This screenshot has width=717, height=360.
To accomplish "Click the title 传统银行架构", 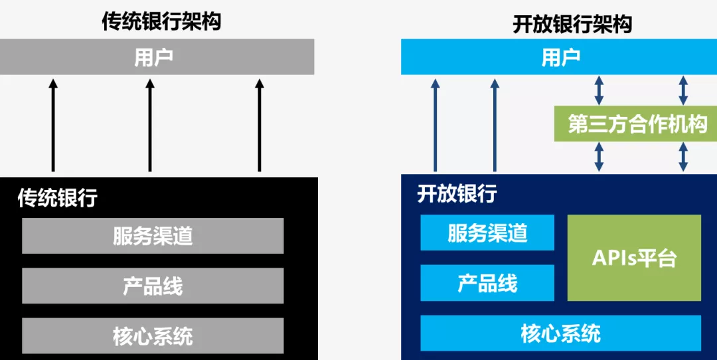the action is (x=161, y=21).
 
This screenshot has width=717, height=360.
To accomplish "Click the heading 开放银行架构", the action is (x=572, y=24).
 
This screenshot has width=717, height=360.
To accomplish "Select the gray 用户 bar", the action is (x=157, y=56).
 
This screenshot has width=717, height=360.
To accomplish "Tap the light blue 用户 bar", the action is (x=559, y=56).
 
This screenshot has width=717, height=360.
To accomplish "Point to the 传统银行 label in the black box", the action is (x=58, y=198).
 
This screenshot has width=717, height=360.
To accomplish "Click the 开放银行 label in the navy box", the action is (x=457, y=195).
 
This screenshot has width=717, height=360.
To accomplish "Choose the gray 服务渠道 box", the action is (x=153, y=236).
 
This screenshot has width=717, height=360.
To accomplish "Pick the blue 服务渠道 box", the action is (x=487, y=232).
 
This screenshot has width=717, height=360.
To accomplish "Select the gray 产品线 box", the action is (x=153, y=286).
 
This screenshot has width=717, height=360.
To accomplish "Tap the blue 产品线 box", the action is (x=487, y=283).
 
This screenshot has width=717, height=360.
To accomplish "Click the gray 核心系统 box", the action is (x=153, y=335).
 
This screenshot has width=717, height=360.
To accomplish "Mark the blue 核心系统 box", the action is (x=560, y=333).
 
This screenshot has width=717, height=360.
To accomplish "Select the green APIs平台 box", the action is (x=634, y=258).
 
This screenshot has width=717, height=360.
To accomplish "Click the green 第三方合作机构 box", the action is (x=636, y=124).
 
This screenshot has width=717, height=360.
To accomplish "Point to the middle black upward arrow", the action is (x=150, y=126).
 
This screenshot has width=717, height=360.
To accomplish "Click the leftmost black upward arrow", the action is (x=54, y=126).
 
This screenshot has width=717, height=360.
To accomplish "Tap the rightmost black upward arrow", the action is (x=260, y=126).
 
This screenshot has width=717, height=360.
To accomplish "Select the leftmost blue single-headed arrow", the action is (x=435, y=126).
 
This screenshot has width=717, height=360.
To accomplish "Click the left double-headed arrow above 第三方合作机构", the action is (x=599, y=90).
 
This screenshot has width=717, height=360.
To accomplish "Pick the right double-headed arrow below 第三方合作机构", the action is (x=683, y=157).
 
